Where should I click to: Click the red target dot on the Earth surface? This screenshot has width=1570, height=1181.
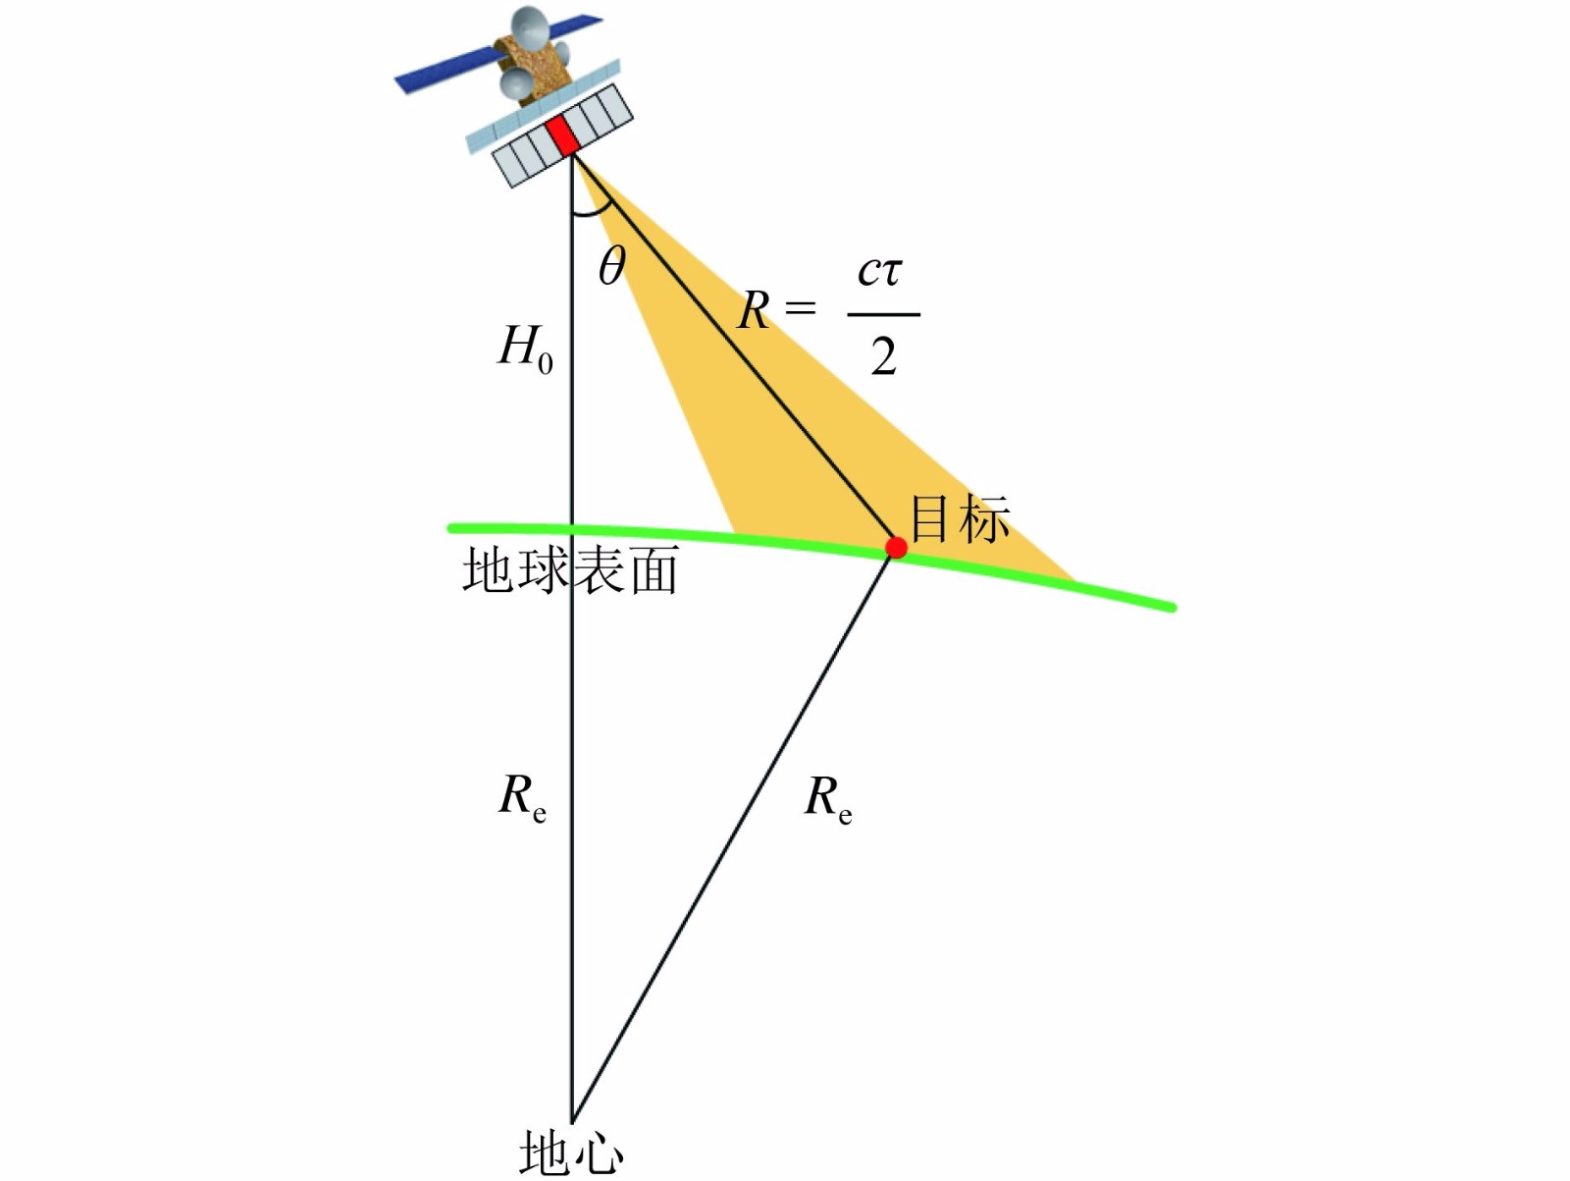(x=896, y=547)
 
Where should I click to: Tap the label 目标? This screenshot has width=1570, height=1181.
(x=960, y=519)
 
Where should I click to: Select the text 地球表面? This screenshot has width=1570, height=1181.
(x=570, y=570)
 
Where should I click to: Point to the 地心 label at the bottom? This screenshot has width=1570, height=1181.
(x=571, y=1153)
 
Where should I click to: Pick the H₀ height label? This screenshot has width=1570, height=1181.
(x=526, y=349)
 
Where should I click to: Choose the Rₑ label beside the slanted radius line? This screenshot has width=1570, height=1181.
(x=827, y=797)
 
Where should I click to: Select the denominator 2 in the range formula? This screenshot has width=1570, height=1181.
(x=883, y=356)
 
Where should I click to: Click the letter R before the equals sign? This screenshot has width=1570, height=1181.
(x=754, y=311)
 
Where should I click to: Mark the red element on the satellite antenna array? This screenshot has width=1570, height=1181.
(x=562, y=135)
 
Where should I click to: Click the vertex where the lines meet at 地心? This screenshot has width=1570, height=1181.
(x=572, y=1119)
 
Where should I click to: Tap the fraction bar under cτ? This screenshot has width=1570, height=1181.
(x=883, y=314)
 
